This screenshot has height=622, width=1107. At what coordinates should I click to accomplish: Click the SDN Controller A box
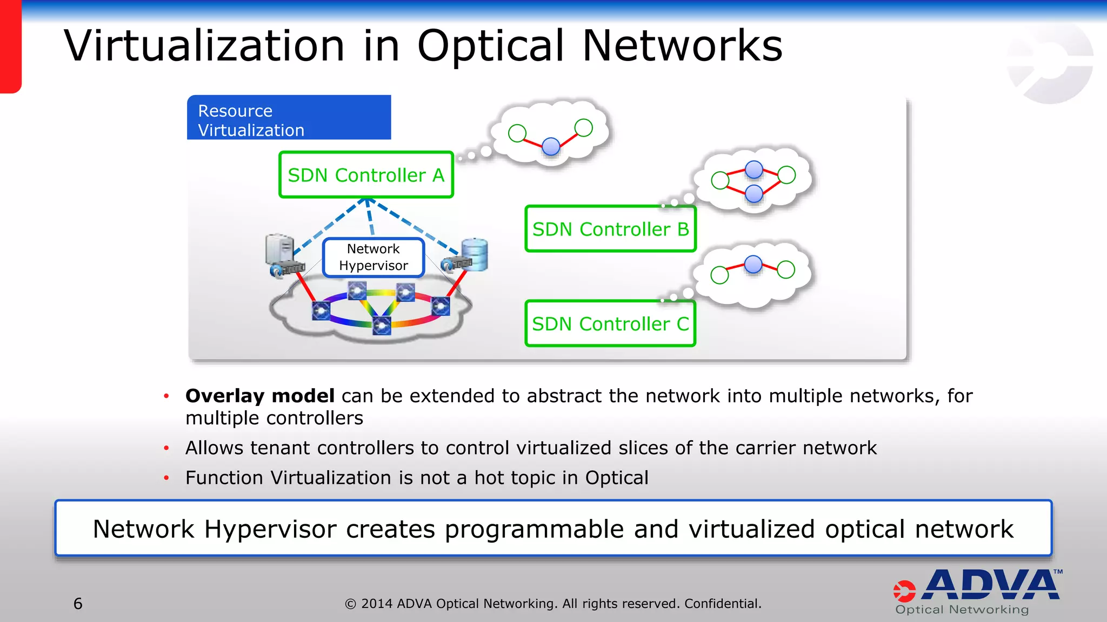(x=366, y=175)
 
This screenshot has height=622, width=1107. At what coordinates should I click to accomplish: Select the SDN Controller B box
(x=610, y=229)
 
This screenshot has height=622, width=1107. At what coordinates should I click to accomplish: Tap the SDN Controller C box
(x=610, y=323)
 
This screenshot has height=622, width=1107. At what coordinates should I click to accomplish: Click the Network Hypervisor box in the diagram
(x=374, y=258)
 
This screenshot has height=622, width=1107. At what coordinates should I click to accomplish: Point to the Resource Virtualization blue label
(x=289, y=118)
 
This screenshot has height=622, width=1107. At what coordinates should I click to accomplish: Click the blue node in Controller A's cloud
(x=551, y=146)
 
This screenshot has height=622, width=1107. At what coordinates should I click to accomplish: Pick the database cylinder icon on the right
(x=475, y=254)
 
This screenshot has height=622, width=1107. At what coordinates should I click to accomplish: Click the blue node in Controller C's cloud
(x=753, y=265)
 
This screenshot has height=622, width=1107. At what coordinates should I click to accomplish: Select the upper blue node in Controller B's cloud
(x=753, y=170)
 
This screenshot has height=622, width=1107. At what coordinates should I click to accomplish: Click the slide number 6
(x=78, y=604)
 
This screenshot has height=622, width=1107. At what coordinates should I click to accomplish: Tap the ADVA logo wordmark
(x=991, y=586)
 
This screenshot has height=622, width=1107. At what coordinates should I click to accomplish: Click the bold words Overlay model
(x=259, y=396)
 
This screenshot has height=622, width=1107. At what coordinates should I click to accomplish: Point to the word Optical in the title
(x=490, y=46)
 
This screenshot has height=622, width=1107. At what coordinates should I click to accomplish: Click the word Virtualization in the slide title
(x=204, y=46)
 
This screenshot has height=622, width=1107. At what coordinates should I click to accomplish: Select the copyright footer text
(x=553, y=604)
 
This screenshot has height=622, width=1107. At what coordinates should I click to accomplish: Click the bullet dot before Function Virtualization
(x=166, y=478)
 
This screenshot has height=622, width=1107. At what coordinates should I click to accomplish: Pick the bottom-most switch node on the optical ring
(x=382, y=326)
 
